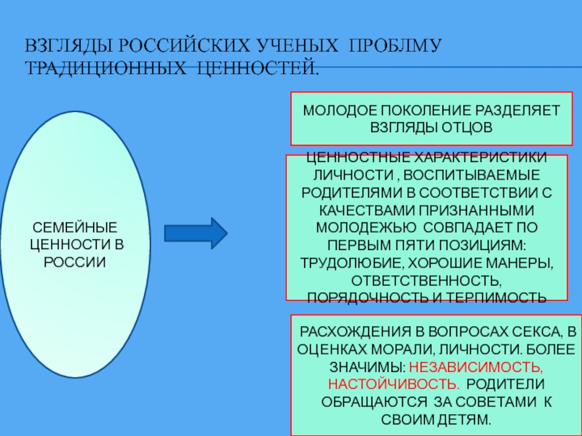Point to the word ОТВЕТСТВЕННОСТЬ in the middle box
[x=426, y=280]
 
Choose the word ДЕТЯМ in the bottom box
[x=466, y=420]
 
